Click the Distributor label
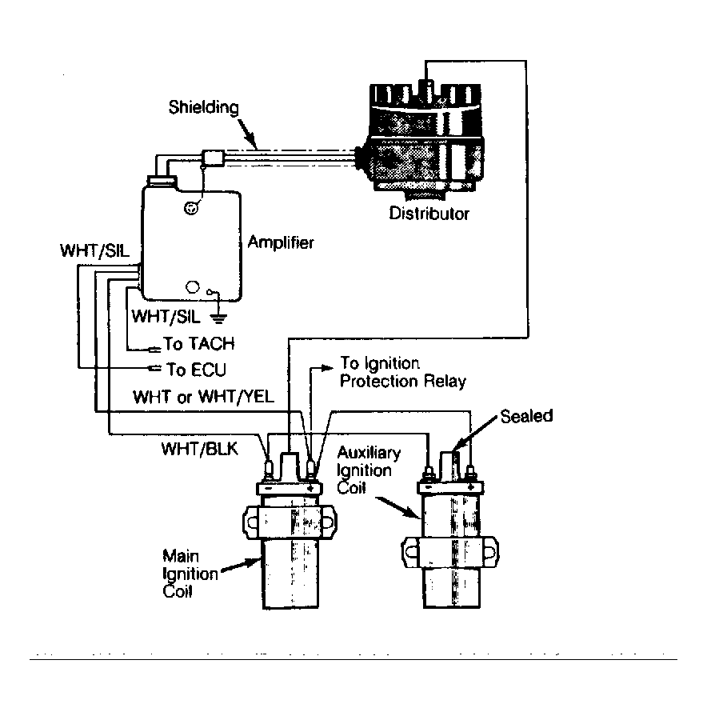tap(429, 214)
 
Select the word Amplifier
tap(281, 242)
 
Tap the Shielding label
tap(203, 107)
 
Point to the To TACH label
tap(199, 343)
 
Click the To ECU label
tap(196, 370)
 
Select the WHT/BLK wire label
tap(200, 449)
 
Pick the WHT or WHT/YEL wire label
tap(203, 397)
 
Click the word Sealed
tap(526, 416)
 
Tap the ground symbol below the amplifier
tap(218, 318)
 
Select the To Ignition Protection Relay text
tap(402, 372)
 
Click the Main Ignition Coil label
tap(190, 574)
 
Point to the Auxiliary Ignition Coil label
tap(368, 470)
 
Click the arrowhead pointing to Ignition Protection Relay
tap(327, 368)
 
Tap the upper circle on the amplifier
tap(191, 208)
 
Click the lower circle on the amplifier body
tap(193, 287)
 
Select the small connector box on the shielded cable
tap(213, 158)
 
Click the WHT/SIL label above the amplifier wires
tap(94, 250)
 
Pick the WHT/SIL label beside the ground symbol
tap(166, 316)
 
